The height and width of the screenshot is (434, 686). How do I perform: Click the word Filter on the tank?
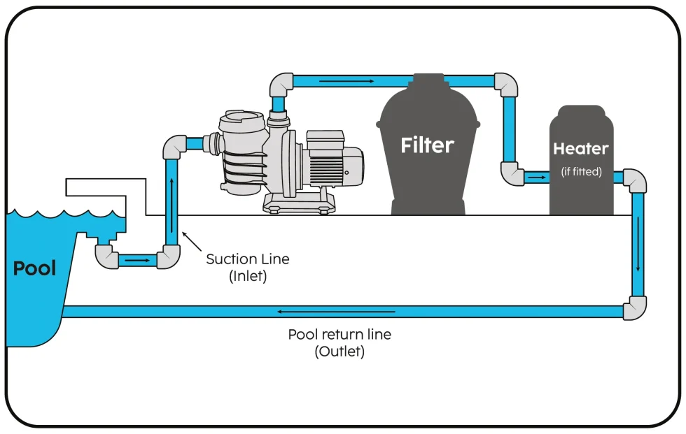[x=427, y=145]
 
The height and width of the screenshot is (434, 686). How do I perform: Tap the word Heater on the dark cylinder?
[x=581, y=149]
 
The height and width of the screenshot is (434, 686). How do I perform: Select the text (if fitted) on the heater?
[x=582, y=171]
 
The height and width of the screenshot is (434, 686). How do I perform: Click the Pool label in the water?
[x=34, y=268]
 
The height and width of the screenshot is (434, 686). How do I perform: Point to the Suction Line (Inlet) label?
[x=247, y=267]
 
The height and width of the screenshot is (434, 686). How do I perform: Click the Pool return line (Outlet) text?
[x=339, y=342]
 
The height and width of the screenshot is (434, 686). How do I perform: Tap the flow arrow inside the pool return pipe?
[x=336, y=311]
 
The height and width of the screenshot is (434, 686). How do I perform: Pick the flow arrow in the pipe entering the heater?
[x=537, y=178]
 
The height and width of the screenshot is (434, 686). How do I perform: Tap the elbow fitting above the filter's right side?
[x=505, y=84]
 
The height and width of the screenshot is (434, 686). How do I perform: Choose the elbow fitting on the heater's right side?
[x=634, y=180]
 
